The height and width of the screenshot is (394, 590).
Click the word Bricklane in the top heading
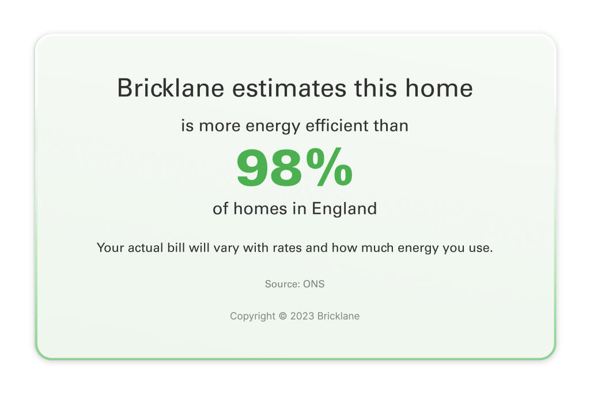(171, 88)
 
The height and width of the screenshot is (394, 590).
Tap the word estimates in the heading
(289, 88)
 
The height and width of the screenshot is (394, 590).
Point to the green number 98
(269, 168)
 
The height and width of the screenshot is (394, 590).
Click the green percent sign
(330, 167)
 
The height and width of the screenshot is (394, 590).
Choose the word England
(344, 209)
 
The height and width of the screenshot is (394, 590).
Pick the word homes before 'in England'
(260, 209)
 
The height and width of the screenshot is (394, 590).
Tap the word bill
(176, 247)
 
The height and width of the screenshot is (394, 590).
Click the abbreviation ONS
(314, 284)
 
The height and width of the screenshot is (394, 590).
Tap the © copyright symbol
(282, 316)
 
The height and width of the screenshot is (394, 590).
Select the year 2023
(302, 316)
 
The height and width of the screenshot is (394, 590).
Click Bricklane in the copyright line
(338, 316)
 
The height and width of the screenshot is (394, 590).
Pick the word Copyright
(252, 316)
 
